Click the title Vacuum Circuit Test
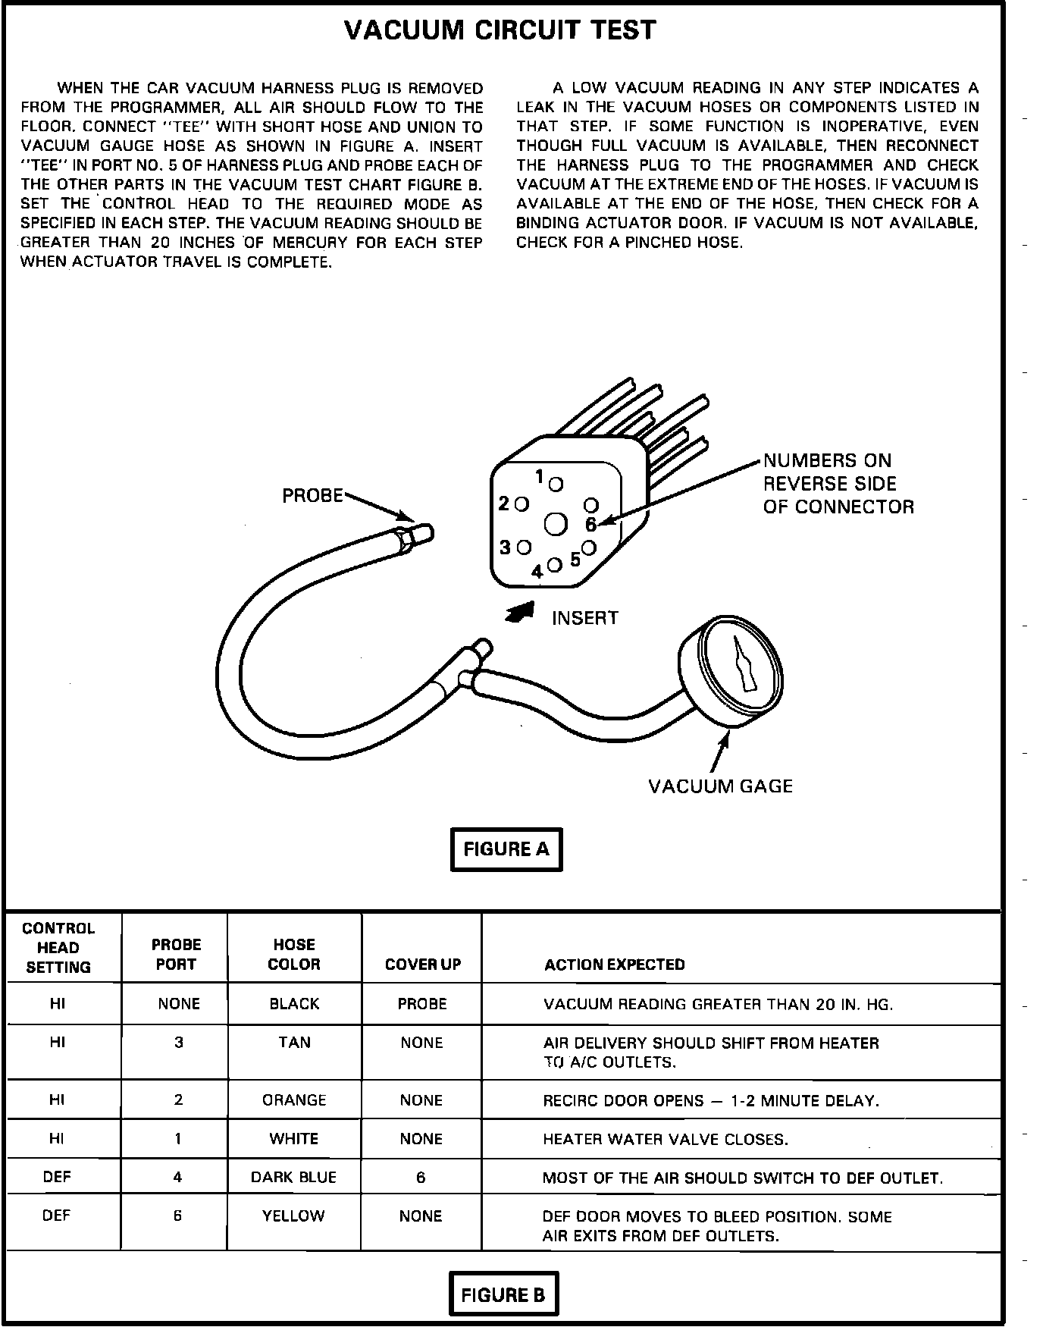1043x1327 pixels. click(x=500, y=30)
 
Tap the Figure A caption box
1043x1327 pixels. click(x=506, y=849)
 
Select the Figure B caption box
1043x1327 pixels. click(x=503, y=1294)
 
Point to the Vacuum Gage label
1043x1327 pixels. click(x=720, y=786)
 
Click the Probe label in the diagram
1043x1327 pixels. click(x=312, y=496)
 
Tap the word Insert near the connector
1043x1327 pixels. click(x=584, y=618)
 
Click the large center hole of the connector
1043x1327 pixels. click(x=556, y=525)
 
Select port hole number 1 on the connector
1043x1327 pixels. click(x=556, y=484)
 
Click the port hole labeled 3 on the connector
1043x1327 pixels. click(x=523, y=547)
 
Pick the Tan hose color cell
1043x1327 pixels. click(x=294, y=1043)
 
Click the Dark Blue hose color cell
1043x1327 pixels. click(x=293, y=1178)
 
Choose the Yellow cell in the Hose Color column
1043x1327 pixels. click(x=293, y=1216)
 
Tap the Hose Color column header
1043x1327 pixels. click(x=294, y=955)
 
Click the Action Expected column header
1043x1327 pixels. click(x=614, y=965)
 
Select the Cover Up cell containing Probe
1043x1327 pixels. click(x=422, y=1004)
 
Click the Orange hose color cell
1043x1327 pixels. click(x=294, y=1100)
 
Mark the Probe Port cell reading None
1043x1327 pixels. click(x=179, y=1004)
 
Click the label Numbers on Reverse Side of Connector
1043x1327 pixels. click(x=838, y=484)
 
